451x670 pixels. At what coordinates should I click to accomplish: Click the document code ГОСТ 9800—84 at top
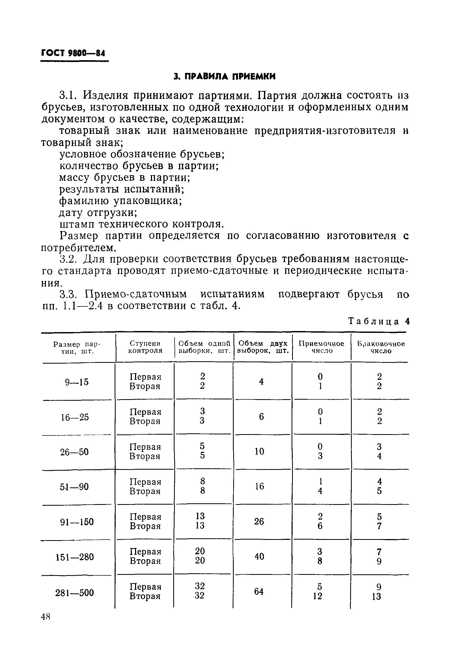coord(73,53)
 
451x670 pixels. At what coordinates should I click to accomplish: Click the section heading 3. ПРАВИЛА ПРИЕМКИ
coord(225,76)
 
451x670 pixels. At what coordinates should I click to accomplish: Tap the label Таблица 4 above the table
coord(379,321)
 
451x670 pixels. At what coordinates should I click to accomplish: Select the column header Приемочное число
coord(321,347)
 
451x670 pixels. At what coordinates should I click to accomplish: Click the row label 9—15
coord(77,382)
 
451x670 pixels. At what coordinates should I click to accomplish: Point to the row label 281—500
coord(75,592)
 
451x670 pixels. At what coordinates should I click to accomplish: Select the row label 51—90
coord(74,487)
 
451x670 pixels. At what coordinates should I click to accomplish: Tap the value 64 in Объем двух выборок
coord(259,591)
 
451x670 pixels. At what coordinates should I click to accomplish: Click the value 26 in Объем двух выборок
coord(259,522)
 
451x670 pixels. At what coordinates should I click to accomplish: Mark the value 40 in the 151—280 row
coord(259,557)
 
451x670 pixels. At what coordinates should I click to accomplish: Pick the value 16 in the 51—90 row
coord(259,486)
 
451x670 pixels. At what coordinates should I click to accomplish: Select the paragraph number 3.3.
coord(68,294)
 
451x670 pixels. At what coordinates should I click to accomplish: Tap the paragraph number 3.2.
coord(68,259)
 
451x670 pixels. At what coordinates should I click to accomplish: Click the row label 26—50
coord(74,452)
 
